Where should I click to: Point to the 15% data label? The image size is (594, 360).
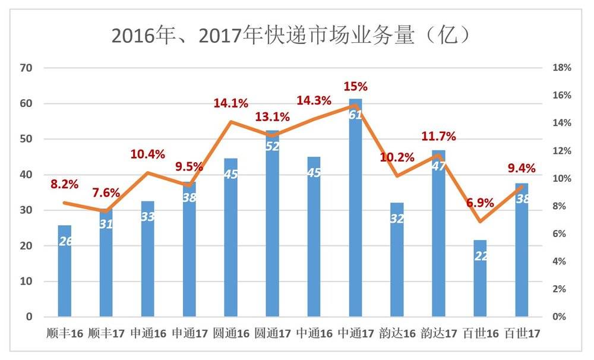[356, 87]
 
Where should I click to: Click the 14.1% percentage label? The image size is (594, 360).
[230, 103]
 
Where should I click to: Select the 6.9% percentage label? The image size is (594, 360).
[479, 203]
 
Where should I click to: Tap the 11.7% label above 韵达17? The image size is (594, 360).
[438, 137]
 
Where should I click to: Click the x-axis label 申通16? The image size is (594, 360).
[148, 333]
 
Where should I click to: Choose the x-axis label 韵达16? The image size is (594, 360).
[397, 333]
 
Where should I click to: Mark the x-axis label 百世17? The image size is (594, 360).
[522, 333]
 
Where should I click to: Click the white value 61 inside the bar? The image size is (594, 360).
[355, 115]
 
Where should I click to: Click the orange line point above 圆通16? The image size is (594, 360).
[230, 122]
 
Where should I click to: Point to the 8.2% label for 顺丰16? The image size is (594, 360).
[65, 185]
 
